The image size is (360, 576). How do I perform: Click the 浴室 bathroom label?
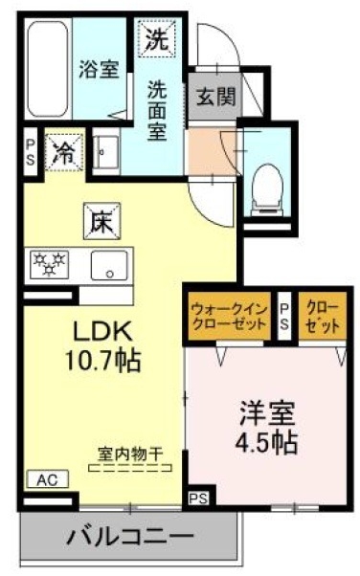point(99,70)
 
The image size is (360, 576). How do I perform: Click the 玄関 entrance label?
point(212,97)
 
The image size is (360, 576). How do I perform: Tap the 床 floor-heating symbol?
point(101,222)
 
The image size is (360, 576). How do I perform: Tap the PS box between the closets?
point(284,316)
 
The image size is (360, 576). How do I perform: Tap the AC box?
point(46,479)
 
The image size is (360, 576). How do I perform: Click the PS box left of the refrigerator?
point(30,152)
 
